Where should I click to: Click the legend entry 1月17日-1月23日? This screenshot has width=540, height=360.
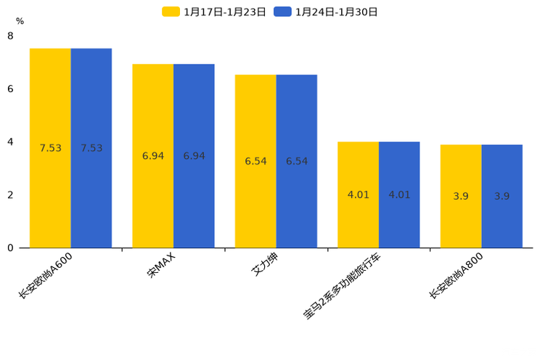click(215, 12)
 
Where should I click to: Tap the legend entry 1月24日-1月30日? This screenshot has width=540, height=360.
click(326, 12)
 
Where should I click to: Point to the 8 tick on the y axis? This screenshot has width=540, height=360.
click(10, 36)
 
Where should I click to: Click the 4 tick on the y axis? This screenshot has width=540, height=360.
click(10, 142)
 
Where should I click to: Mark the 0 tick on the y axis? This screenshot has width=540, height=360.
click(10, 248)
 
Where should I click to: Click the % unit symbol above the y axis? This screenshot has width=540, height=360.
click(20, 21)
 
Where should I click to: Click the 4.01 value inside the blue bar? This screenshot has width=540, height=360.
click(399, 195)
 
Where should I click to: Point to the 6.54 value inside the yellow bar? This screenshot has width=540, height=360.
click(255, 161)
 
